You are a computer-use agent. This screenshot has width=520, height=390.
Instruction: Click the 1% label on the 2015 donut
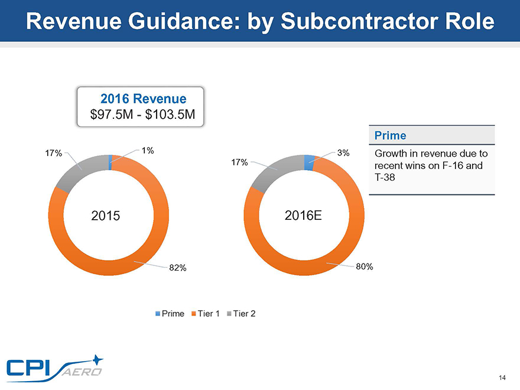pos(148,150)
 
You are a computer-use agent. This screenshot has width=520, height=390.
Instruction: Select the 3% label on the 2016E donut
pos(344,152)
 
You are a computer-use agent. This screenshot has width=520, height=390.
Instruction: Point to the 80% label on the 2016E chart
pos(365,266)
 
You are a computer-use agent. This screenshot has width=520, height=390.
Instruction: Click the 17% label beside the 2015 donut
pos(54,154)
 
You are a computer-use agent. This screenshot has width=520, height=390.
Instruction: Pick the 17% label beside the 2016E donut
pos(240,161)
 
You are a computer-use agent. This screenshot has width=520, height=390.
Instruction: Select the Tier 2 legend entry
pos(243,313)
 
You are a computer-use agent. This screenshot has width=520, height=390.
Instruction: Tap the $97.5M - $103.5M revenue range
pos(142,115)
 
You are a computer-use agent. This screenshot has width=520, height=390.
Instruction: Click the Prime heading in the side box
pos(390,135)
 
